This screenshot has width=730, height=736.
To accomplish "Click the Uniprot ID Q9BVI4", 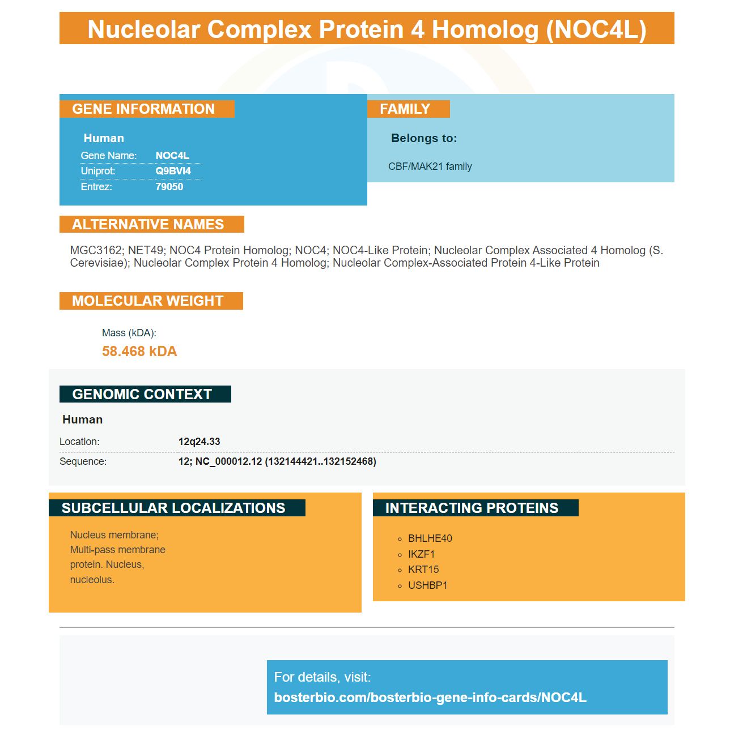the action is tap(173, 171).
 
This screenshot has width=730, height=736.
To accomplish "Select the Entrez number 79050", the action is tap(169, 187).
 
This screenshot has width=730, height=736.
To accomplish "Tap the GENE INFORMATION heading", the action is tap(143, 109).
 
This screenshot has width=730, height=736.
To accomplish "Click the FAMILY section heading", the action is tap(405, 109).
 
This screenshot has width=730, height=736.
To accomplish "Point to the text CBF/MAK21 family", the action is tap(430, 166).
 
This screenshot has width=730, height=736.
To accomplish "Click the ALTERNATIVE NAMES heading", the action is tap(147, 224).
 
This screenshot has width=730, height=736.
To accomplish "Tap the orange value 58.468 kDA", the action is tap(139, 351).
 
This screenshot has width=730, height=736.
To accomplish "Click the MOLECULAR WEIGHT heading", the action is tap(147, 301).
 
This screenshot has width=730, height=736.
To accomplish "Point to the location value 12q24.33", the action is tap(200, 442).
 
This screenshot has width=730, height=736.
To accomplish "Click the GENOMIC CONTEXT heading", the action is tap(142, 394).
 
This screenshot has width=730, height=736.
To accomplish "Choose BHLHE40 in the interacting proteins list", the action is tap(430, 538).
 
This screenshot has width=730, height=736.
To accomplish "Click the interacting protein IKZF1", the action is tap(422, 554).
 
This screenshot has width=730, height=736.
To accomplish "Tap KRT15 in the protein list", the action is tap(423, 570).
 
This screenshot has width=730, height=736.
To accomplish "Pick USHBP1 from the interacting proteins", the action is tap(427, 585).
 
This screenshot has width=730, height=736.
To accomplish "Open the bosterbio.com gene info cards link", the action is tap(430, 698).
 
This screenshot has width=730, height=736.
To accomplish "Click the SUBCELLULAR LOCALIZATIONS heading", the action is tap(173, 508).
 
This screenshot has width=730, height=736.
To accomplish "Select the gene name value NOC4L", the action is tap(172, 156).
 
